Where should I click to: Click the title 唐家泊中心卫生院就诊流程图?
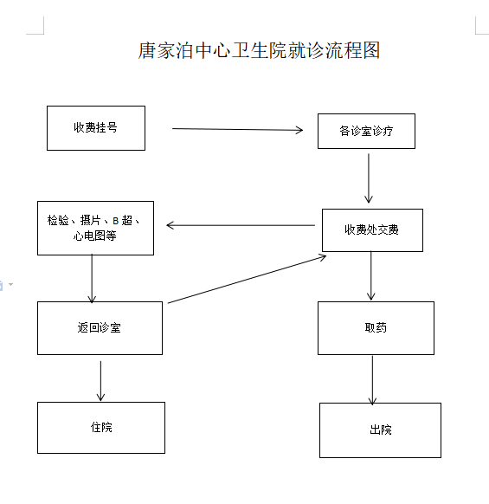259,50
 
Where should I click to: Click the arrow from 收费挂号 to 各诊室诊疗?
238,129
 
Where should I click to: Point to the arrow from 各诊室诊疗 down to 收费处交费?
369,178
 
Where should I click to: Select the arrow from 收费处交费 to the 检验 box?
241,225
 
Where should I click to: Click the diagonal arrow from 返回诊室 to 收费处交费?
247,279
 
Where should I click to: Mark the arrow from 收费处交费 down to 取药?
371,275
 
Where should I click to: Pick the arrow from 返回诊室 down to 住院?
100,381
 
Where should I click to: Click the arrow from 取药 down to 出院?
372,380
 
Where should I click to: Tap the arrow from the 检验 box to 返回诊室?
92,279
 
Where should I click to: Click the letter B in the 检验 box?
116,221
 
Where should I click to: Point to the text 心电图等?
95,236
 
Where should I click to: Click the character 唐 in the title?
147,50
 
